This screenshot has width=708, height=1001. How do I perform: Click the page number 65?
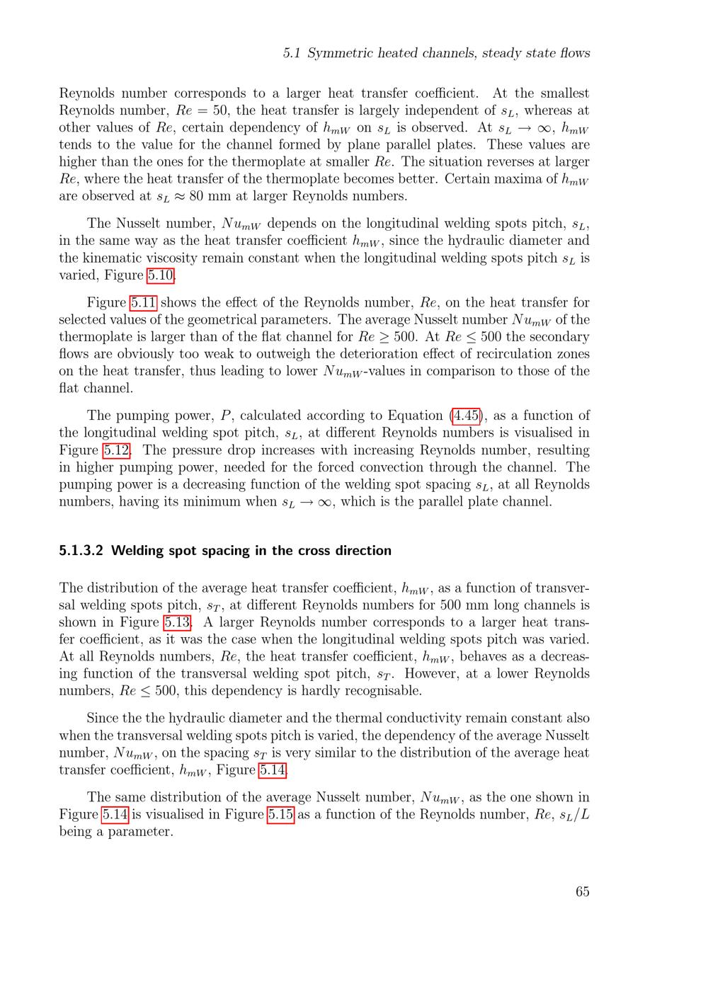pos(582,891)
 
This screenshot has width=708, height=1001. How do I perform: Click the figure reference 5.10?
pos(161,275)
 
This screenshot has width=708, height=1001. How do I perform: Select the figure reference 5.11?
pos(143,302)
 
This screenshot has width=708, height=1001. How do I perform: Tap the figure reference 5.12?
pos(117,450)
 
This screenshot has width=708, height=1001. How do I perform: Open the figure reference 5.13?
pos(177,622)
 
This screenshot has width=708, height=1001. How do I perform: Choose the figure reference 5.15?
pos(280,814)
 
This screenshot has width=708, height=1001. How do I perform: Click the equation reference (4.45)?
pos(465,416)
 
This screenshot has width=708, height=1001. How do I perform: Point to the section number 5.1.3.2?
pos(81,551)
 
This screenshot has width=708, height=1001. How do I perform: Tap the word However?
pos(432,673)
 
